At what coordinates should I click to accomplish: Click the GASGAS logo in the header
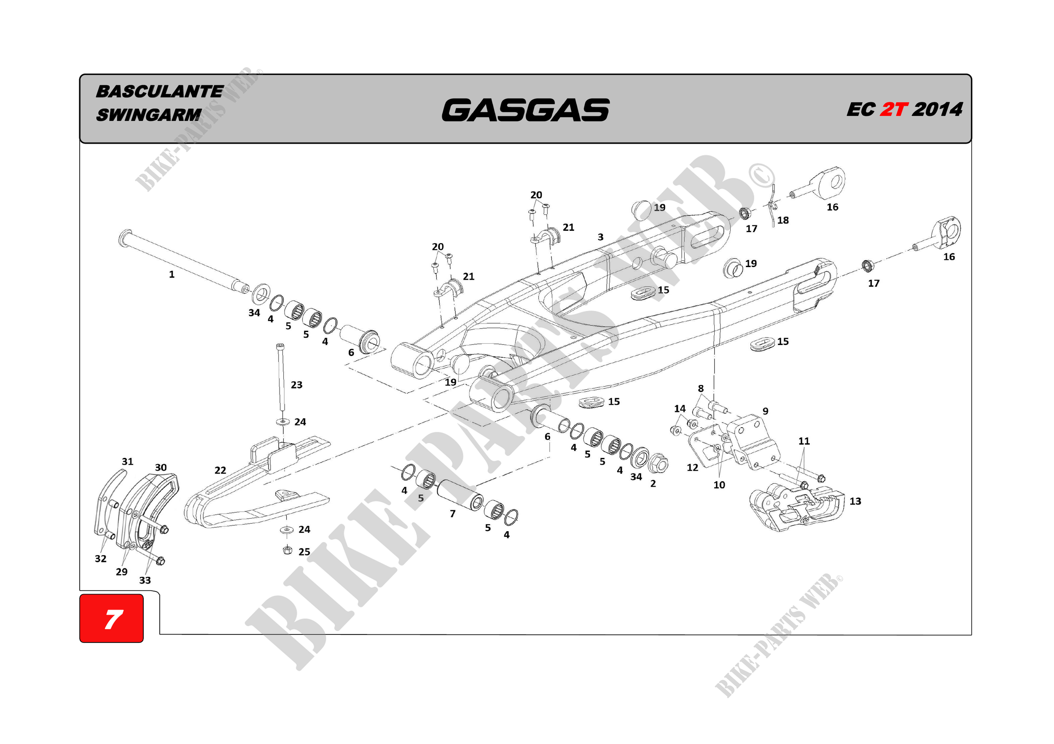click(525, 110)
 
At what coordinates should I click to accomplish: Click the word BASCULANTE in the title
click(159, 91)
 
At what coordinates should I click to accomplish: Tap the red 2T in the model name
click(893, 110)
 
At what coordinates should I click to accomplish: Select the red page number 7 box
click(112, 618)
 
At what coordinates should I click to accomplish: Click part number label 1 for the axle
click(172, 274)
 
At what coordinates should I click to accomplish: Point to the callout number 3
click(600, 237)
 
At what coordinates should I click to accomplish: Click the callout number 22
click(220, 470)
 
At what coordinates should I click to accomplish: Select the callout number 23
click(296, 385)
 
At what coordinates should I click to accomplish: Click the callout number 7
click(453, 514)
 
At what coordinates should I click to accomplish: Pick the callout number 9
click(765, 411)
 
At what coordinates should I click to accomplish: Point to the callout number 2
click(653, 484)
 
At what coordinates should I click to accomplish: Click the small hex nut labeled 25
click(288, 550)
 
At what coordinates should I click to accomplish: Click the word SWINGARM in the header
click(149, 115)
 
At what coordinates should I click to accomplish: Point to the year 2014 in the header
click(937, 110)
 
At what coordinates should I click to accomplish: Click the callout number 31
click(128, 461)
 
